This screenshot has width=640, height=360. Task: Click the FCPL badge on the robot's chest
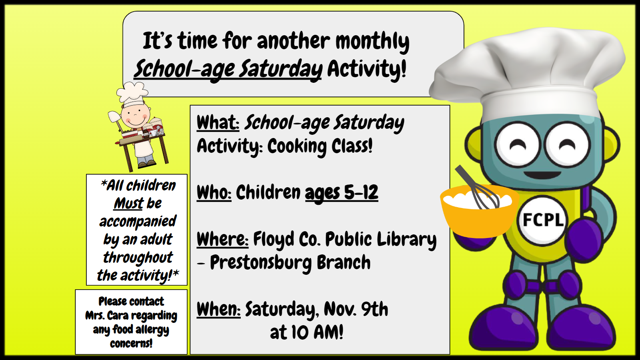pos(542,220)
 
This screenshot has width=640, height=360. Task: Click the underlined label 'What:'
pos(218,122)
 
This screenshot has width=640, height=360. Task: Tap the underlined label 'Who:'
pos(214,192)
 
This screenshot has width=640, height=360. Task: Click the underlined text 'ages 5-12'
pos(342,193)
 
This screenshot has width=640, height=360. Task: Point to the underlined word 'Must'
pos(128,204)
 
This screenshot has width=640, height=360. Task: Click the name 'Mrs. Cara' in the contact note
pos(107,316)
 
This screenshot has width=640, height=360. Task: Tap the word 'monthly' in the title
pos(372,42)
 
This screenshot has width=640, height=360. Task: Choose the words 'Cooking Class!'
pos(320,146)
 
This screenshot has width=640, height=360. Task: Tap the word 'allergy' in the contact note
pos(152,330)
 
